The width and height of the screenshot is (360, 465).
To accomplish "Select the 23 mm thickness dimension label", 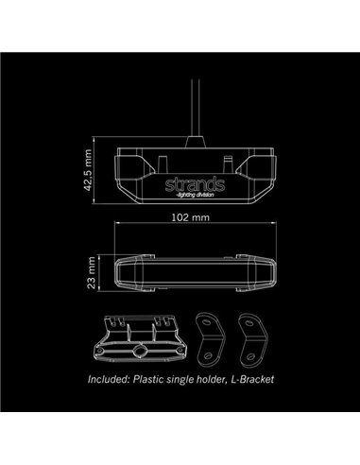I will point(89,274).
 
